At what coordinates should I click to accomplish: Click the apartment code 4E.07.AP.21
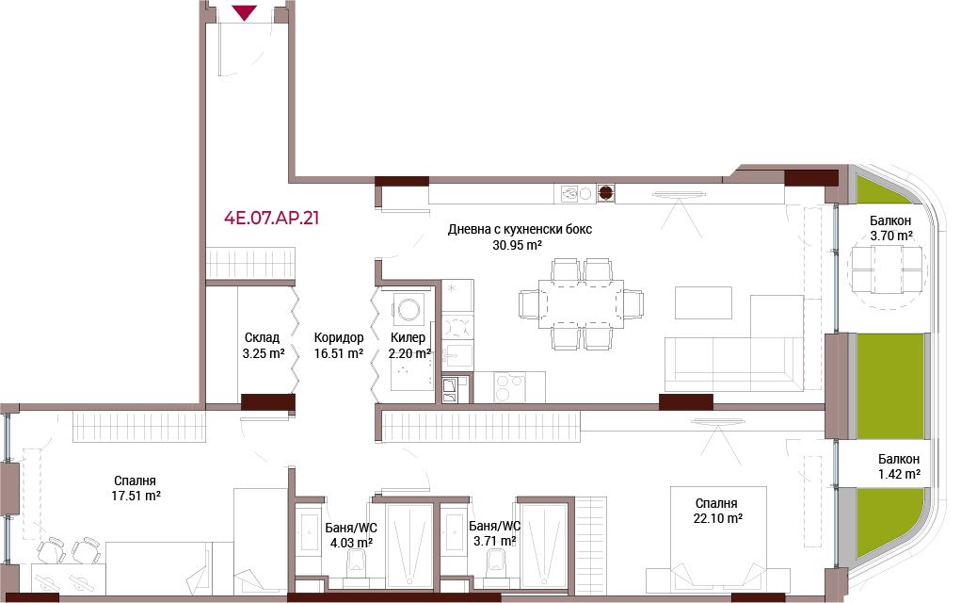(x=271, y=218)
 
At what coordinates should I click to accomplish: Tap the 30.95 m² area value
(x=517, y=245)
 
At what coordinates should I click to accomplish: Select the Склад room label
(x=262, y=337)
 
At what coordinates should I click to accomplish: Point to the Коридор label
(x=338, y=337)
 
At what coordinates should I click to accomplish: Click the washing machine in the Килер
(x=408, y=308)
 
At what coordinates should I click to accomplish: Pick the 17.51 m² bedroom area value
(x=136, y=496)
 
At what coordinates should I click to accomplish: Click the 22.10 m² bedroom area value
(x=717, y=518)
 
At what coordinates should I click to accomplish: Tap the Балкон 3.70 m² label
(x=890, y=228)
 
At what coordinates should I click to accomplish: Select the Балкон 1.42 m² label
(x=899, y=466)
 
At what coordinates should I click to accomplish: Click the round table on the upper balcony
(x=887, y=269)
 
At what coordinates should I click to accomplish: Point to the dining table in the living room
(x=581, y=304)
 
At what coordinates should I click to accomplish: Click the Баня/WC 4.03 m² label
(x=351, y=535)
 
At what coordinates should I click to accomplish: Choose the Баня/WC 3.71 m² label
(x=494, y=533)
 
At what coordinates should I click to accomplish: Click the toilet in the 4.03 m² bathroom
(x=357, y=562)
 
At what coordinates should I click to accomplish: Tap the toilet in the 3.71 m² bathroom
(x=494, y=562)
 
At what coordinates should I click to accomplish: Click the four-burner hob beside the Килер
(x=457, y=326)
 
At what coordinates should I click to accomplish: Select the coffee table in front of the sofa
(x=703, y=302)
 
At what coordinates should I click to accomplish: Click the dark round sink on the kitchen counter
(x=605, y=193)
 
